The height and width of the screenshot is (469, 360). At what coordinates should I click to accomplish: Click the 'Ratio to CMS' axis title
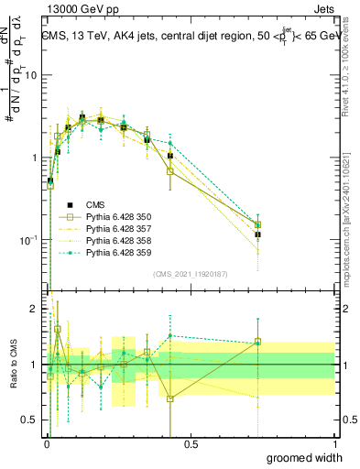(x=12, y=365)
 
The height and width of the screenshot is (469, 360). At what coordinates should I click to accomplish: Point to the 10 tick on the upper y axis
(x=29, y=75)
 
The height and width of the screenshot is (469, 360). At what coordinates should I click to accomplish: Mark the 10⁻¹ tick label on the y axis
(x=27, y=240)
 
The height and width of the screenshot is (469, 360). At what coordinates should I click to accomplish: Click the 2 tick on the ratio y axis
(x=33, y=310)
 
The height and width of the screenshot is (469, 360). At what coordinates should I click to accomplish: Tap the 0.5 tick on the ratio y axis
(x=29, y=420)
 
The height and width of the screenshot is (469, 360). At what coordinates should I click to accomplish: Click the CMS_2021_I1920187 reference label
(x=191, y=274)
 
